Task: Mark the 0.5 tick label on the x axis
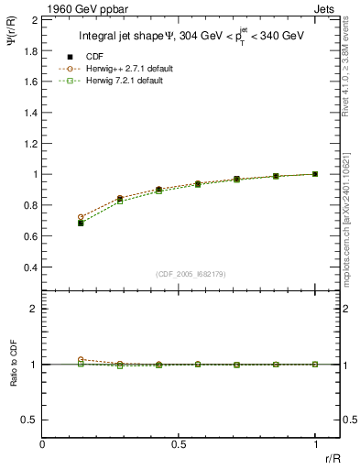(x=179, y=444)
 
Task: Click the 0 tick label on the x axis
(x=43, y=444)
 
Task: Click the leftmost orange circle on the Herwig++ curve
(x=82, y=217)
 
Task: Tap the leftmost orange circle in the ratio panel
(x=82, y=360)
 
